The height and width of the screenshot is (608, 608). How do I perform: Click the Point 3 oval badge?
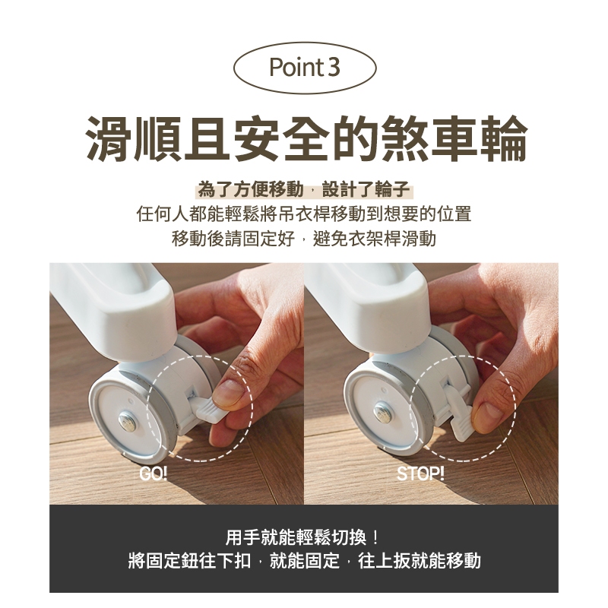pos(305,68)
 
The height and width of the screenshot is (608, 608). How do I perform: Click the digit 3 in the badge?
pos(334,67)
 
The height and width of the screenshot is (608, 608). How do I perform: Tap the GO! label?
pos(154,473)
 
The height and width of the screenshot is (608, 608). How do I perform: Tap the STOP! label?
pos(420,473)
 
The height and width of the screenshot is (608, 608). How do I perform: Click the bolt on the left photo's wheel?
pos(126,420)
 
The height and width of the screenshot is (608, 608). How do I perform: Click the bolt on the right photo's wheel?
pos(382,412)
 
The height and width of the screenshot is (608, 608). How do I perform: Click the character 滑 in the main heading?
pos(109,138)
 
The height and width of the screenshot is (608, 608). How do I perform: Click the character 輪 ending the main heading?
pos(504,138)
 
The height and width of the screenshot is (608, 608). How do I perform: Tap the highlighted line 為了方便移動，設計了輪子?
pos(304,189)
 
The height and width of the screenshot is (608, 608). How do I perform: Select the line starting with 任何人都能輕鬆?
pos(304,214)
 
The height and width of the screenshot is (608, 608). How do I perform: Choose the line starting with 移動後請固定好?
pos(304,239)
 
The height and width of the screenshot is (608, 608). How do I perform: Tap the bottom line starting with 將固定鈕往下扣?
pos(305,561)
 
